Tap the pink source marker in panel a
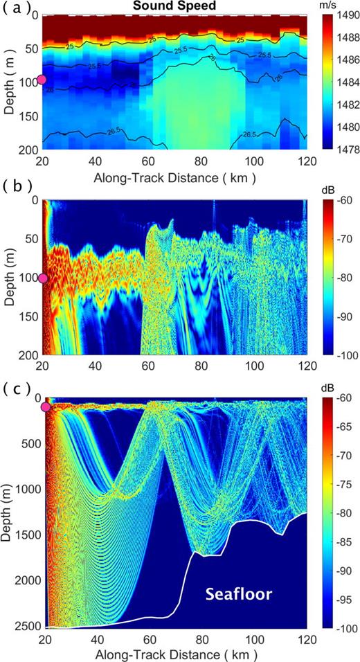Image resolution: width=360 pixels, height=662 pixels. point(42,80)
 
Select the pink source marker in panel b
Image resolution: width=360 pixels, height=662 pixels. point(42,278)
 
